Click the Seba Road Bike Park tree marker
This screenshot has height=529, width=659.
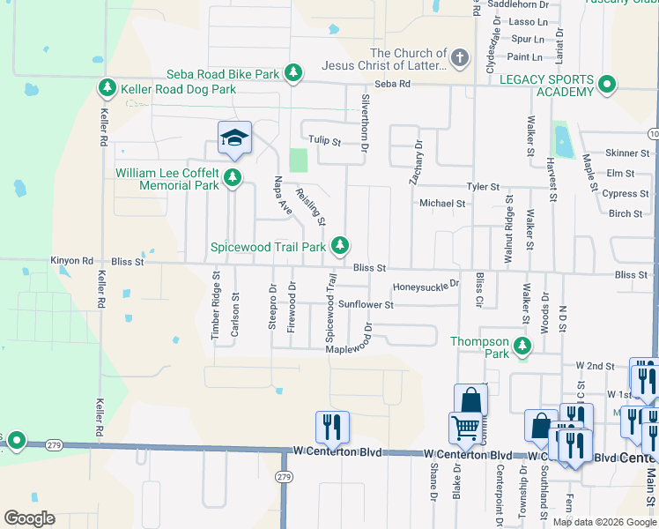coord(293,74)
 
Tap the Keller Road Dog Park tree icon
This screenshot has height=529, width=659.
coord(107,88)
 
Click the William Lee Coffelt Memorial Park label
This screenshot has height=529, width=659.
coord(167,179)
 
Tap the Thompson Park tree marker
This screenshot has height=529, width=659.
coord(523,346)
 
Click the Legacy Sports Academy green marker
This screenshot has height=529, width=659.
coord(606,86)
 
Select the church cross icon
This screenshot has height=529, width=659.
coord(459,59)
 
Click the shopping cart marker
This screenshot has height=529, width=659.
coord(464,429)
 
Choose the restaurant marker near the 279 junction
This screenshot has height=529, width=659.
coord(332,427)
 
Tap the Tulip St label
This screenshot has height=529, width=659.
coord(324,140)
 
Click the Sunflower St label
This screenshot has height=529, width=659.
coord(365,304)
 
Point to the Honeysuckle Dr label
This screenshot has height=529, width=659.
coord(426,285)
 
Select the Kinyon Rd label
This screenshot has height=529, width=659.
coord(71,261)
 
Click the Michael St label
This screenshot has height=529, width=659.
coord(442,203)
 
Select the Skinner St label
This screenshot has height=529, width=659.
coord(627,153)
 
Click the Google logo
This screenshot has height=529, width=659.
coord(29,518)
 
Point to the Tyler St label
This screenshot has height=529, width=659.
coord(483,187)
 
